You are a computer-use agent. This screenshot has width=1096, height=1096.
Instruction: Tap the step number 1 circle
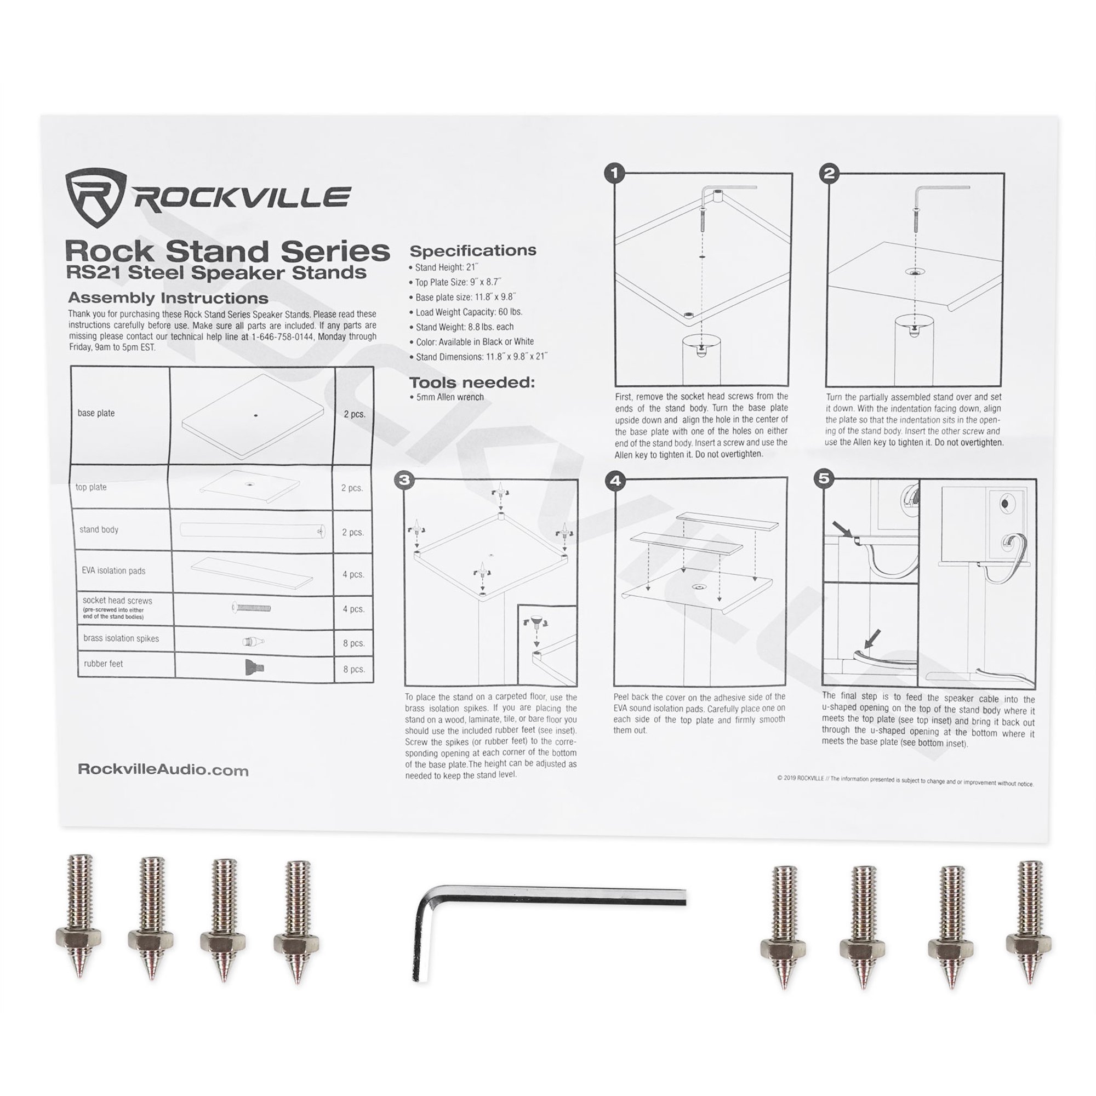click(615, 174)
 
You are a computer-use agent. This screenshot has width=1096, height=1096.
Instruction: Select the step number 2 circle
click(829, 174)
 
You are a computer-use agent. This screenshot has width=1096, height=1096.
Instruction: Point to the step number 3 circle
click(404, 481)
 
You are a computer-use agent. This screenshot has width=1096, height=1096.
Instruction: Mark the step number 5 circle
click(824, 478)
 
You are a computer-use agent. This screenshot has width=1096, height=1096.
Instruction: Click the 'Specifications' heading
click(472, 251)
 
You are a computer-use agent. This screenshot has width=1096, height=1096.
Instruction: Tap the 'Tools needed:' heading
click(472, 383)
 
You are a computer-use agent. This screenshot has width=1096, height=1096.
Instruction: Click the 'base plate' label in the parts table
click(96, 413)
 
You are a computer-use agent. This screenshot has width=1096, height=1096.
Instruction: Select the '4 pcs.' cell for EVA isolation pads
click(353, 574)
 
